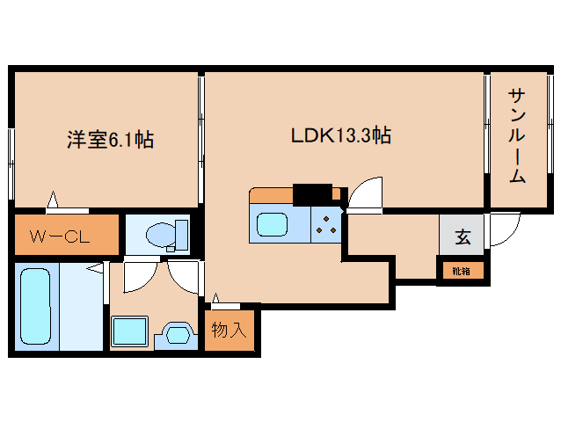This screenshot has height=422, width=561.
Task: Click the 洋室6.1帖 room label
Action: tap(110, 140)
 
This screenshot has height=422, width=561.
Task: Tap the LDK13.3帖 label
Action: tap(341, 135)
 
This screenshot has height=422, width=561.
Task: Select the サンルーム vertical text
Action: tap(517, 136)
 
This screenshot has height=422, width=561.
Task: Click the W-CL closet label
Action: tap(60, 236)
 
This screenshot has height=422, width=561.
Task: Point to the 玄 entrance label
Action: tap(463, 236)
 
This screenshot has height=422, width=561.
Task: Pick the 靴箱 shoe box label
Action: tap(461, 272)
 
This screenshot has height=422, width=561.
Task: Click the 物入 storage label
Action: tap(229, 330)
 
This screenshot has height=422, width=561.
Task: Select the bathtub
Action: tap(35, 307)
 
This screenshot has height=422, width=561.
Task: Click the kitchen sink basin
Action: tap(272, 224)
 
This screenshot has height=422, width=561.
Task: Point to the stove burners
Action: tap(326, 224)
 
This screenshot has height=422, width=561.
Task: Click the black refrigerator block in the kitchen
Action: tap(312, 194)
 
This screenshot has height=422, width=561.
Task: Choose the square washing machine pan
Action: tap(129, 331)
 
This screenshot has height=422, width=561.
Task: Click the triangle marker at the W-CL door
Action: tap(53, 200)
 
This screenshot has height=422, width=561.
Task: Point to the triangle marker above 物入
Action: tap(215, 298)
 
